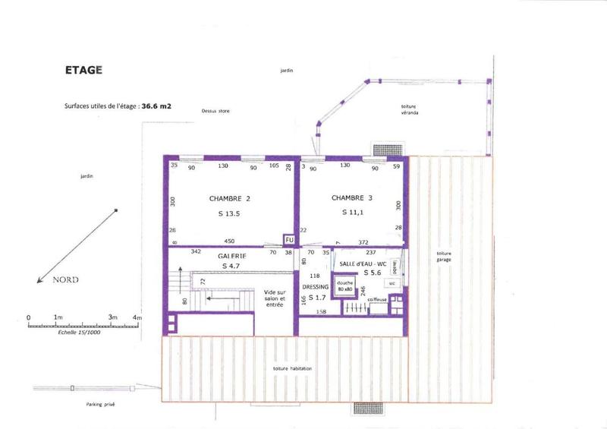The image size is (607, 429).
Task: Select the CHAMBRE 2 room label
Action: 229,198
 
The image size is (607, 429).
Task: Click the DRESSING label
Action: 315,287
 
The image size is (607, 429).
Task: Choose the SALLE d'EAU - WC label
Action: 364,262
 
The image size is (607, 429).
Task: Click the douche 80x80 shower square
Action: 345,285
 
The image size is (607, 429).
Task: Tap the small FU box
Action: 288,240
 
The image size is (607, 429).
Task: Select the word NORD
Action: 66,279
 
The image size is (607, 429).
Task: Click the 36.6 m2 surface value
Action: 156,107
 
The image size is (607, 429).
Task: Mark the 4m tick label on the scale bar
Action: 137,317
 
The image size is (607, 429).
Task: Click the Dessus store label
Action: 215,111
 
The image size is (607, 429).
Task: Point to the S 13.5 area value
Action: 228,213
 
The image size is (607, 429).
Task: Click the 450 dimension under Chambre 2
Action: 229,241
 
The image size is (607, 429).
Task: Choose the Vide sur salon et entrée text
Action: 275,298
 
